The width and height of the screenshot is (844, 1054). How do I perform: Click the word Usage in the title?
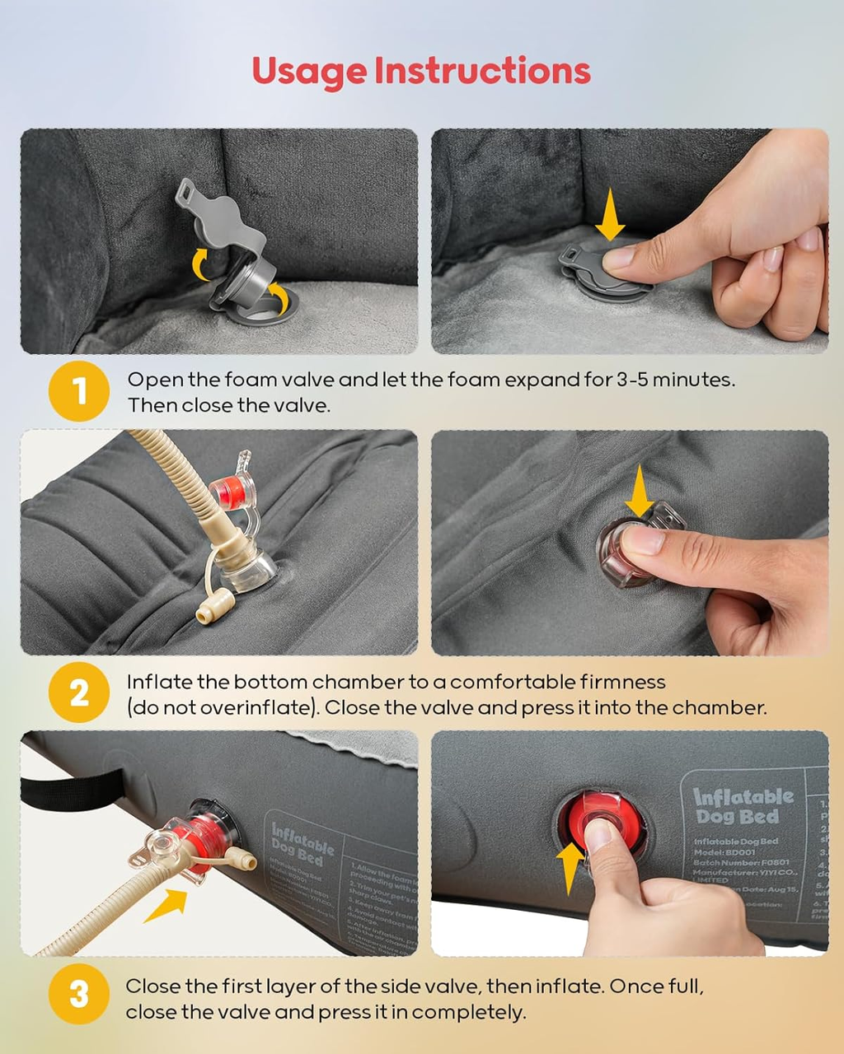tap(309, 72)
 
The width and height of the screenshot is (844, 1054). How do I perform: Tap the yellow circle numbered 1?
tap(79, 391)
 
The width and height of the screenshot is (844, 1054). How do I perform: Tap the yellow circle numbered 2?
tap(79, 693)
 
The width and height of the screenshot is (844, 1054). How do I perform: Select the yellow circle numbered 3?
tap(79, 995)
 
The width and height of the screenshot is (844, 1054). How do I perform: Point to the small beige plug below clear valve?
tap(203, 614)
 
